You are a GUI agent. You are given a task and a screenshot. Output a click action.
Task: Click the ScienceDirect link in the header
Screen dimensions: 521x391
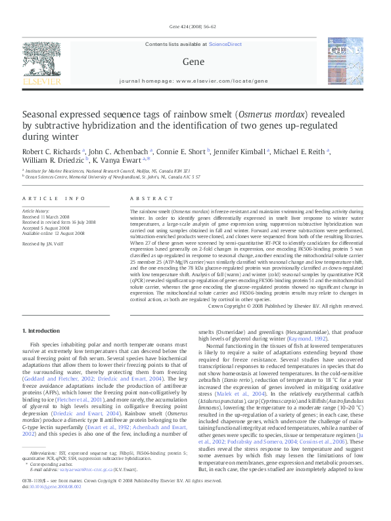pos(225,44)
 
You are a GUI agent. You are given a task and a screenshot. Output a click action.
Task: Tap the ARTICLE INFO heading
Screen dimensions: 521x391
pos(54,198)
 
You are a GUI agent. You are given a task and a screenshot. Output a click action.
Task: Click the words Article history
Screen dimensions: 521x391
pos(35,211)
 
